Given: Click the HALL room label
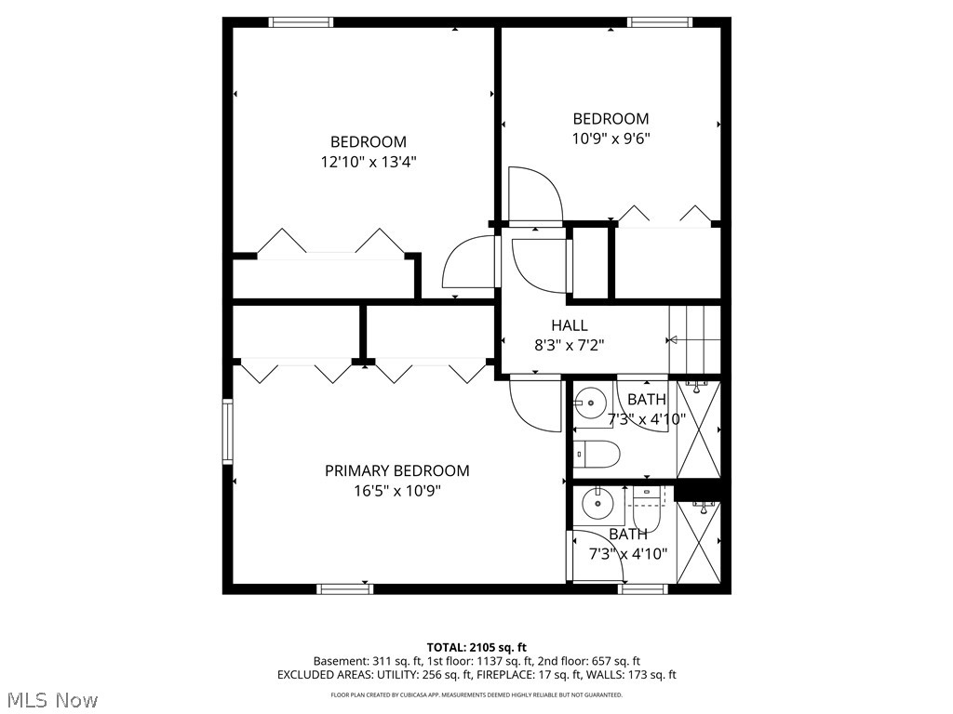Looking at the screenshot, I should click(569, 325).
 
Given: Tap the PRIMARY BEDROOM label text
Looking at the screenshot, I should click(396, 471).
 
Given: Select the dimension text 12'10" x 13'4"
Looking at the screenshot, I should click(368, 162).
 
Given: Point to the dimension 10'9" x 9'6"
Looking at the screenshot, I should click(611, 139).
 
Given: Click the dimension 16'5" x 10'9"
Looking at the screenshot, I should click(396, 491).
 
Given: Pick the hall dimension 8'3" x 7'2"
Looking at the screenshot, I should click(569, 345).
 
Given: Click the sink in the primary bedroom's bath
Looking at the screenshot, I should click(596, 505).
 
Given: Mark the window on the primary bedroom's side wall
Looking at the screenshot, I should click(227, 430).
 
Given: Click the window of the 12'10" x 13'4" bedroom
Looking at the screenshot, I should click(301, 22).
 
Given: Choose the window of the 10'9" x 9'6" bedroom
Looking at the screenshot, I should click(659, 22).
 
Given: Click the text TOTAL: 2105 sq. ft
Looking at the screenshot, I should click(476, 647).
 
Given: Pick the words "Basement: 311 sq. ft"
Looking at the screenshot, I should click(367, 661).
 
